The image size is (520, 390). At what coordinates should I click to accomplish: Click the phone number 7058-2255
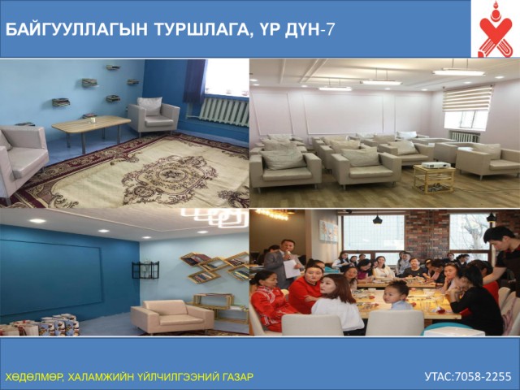(483, 377)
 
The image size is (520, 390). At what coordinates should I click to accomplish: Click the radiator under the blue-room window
(224, 112)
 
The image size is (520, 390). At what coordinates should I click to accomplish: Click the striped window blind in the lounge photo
(468, 98)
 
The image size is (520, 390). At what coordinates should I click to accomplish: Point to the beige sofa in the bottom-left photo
(172, 316)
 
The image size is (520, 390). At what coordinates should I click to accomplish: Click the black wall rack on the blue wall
(145, 270)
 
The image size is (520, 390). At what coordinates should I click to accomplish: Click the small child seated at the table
(397, 296)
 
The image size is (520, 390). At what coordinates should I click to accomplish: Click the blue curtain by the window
(195, 81)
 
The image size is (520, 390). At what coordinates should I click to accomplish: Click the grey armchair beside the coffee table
(154, 115)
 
